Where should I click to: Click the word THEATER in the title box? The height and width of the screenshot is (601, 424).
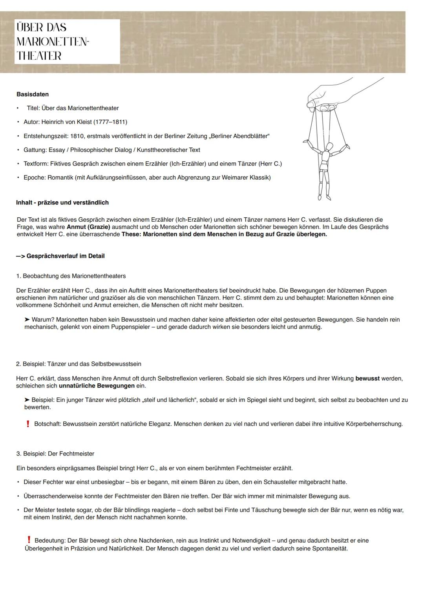(x=39, y=56)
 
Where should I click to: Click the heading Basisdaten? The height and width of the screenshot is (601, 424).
(x=33, y=94)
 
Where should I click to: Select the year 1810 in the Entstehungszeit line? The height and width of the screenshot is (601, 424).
(x=77, y=136)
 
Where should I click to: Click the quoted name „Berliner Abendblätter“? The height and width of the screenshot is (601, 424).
(x=239, y=136)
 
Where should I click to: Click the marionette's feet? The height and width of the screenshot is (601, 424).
(x=324, y=197)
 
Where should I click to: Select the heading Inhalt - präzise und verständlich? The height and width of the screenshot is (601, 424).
(x=62, y=202)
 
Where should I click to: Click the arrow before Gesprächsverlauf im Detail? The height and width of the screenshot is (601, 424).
(x=20, y=256)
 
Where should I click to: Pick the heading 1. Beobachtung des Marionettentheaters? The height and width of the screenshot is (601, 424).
(x=71, y=276)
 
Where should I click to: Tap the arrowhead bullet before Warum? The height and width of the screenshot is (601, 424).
(x=27, y=320)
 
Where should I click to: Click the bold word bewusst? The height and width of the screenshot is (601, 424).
(x=367, y=379)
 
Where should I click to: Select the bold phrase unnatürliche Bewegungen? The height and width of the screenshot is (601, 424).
(x=97, y=386)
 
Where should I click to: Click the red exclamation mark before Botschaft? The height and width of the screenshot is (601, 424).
(x=28, y=424)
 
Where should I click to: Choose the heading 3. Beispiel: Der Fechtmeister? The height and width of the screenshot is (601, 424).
(x=55, y=454)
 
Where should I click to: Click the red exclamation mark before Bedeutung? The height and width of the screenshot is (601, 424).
(x=29, y=540)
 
